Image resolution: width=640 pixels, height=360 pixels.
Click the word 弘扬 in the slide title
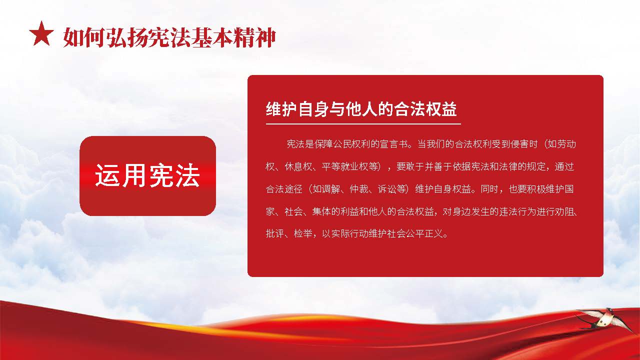(x=127, y=37)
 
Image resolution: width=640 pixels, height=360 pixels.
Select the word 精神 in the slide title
(x=254, y=37)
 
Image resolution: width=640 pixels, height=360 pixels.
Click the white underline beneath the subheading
(x=363, y=124)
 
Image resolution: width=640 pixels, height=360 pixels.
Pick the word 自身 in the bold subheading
(x=313, y=109)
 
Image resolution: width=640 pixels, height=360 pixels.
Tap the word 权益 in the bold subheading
(x=441, y=109)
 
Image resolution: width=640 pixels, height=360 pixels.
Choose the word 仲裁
(x=359, y=189)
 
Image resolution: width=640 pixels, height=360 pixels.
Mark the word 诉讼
(x=387, y=189)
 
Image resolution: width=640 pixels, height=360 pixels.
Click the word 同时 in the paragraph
(x=489, y=189)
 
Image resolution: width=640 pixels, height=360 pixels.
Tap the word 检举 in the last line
(x=303, y=234)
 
